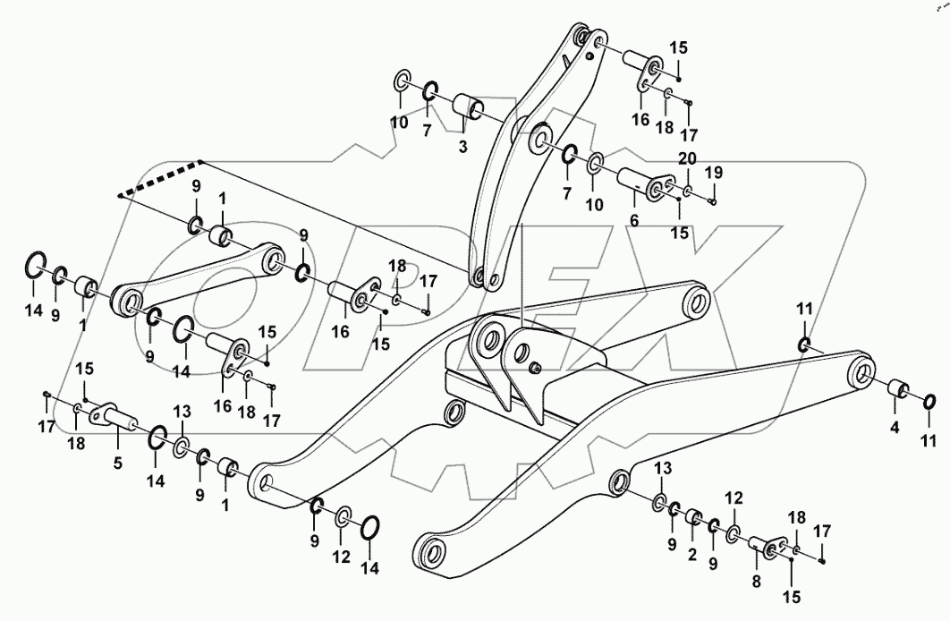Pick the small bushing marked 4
[897, 391]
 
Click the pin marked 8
[763, 544]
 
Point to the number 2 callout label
[691, 555]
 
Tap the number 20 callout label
[686, 159]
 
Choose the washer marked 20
[687, 191]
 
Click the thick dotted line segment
[161, 176]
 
